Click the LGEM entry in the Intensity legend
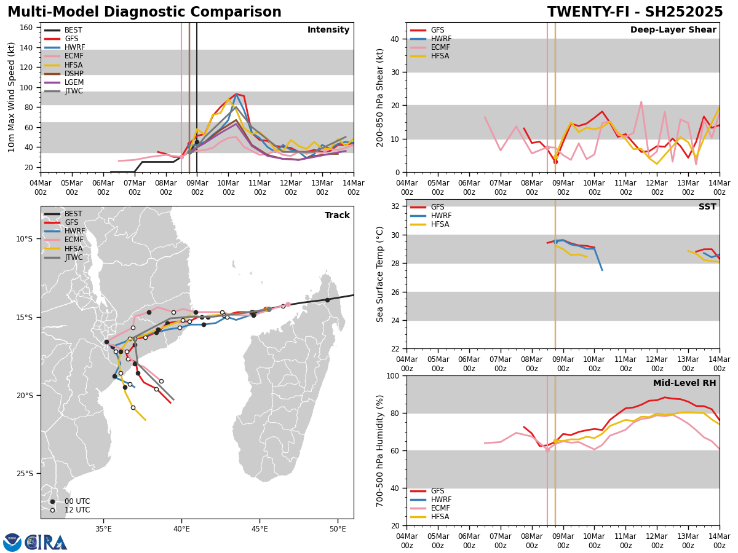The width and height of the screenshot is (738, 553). coord(74,82)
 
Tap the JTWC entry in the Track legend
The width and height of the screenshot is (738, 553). coord(73,257)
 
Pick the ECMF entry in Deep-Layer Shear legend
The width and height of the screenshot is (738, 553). coord(440,47)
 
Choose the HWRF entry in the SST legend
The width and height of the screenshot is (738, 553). coord(441,216)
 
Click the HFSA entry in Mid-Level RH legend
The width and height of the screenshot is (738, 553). coord(440,517)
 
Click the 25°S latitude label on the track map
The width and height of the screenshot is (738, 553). coord(25,473)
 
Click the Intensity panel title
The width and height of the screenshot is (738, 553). coord(328,30)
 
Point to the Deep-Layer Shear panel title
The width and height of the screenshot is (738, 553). coord(673,30)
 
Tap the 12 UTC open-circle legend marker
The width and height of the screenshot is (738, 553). coord(52,510)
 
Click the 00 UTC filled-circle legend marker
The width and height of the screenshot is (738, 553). coord(52,501)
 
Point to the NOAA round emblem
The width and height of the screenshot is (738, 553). coord(12,543)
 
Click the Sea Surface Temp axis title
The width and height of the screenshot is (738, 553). coord(380,274)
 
